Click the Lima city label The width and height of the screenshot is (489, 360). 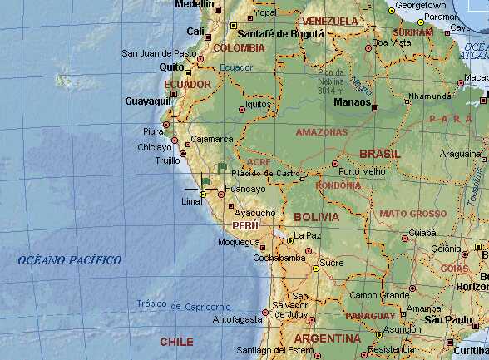tap(190, 202)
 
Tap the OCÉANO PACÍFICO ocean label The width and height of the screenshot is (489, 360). tap(70, 260)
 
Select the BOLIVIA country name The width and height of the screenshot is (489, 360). tap(316, 217)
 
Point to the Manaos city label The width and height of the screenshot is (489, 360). tap(351, 102)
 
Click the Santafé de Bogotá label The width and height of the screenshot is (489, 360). tap(279, 33)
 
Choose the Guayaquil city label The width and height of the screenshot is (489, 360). tap(146, 101)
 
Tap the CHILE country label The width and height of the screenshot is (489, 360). tap(176, 342)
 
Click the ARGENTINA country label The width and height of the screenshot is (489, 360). tap(327, 339)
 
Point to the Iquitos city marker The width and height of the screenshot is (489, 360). tap(242, 109)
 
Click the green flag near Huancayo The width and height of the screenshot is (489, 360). tap(205, 181)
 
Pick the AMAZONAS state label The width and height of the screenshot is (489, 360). tap(321, 131)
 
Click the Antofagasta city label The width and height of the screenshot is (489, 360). tap(237, 318)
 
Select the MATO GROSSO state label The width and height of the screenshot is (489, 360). tap(412, 214)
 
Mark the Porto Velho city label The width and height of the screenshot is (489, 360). tap(361, 171)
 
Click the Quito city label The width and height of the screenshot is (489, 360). tap(171, 67)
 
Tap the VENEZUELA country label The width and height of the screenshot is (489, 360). tap(330, 20)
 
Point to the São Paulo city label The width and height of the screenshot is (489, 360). tap(447, 320)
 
